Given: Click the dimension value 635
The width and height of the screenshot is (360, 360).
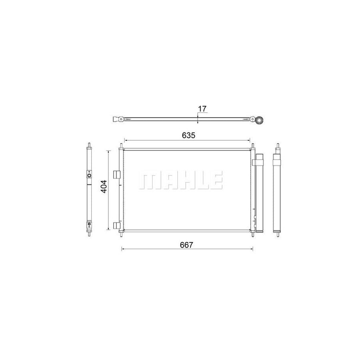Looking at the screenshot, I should tap(188, 135).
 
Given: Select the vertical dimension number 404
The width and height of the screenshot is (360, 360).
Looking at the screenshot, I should tap(104, 187).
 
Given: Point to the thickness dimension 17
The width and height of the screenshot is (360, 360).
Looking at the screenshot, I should tap(202, 108).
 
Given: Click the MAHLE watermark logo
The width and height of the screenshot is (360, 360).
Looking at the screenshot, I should tap(180, 181).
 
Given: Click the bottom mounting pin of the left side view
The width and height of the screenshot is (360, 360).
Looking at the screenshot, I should tap(89, 234).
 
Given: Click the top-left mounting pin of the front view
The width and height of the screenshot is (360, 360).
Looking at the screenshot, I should tap(121, 146).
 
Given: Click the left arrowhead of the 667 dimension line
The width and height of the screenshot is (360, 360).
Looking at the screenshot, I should tap(122, 249).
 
